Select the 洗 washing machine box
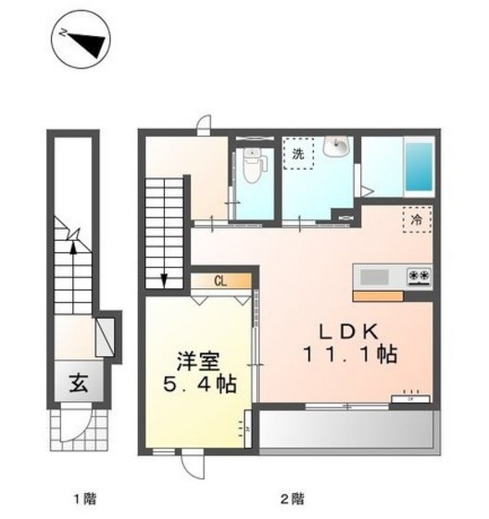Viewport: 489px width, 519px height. [x=298, y=154]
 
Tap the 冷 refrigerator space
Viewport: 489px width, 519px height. [x=417, y=221]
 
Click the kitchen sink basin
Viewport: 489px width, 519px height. [x=374, y=276]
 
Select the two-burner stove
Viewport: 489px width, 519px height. [x=416, y=276]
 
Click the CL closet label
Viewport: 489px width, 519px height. [x=222, y=280]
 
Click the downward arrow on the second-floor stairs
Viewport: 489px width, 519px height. [x=163, y=278]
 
